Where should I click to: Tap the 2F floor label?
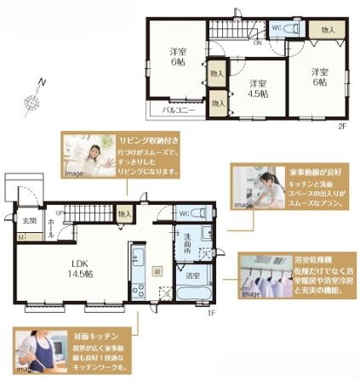coord(342,126)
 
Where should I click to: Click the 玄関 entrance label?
coord(29,221)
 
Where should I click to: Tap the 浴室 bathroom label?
coord(192,275)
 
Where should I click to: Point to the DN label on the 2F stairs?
coord(257,40)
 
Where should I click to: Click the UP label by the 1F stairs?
coord(59,212)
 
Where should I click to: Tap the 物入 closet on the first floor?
coord(125,213)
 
